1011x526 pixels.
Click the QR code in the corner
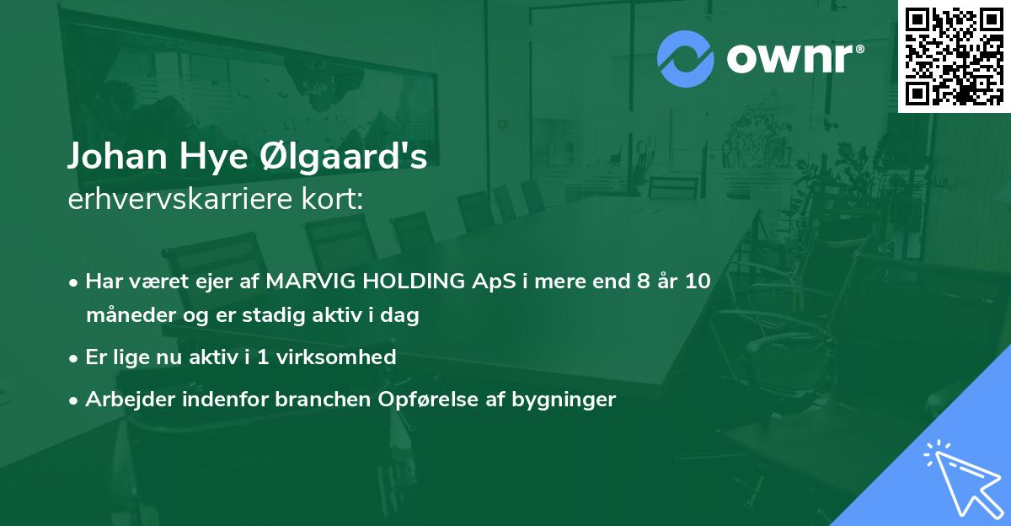(x=954, y=56)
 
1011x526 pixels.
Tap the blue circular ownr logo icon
(x=686, y=58)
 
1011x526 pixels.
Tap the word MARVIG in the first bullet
(x=305, y=282)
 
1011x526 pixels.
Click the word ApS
(x=495, y=282)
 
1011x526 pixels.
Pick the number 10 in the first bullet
(x=698, y=282)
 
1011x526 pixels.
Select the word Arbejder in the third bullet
(x=125, y=399)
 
